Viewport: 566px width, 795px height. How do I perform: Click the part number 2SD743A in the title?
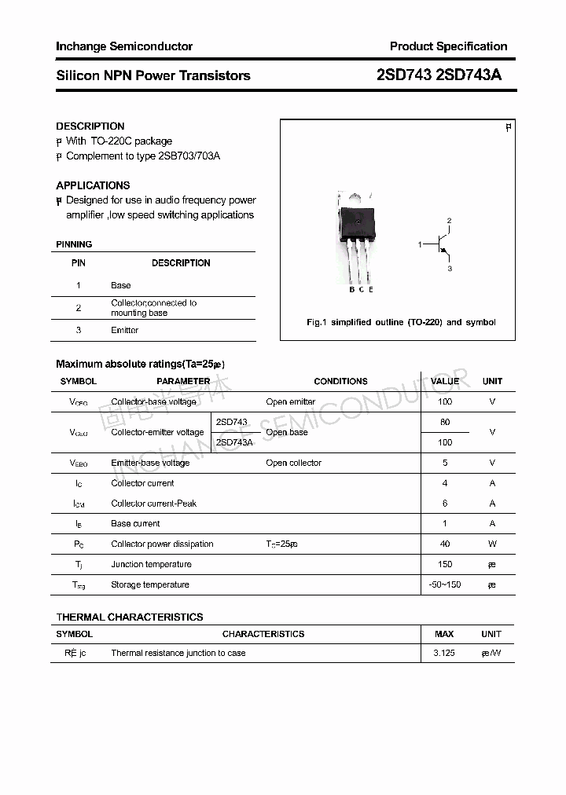click(468, 75)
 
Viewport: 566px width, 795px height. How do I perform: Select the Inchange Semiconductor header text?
click(124, 46)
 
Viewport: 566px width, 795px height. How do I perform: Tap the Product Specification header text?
click(448, 46)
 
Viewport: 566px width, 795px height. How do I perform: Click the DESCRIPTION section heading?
click(90, 126)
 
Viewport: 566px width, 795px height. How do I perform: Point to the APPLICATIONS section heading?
click(93, 185)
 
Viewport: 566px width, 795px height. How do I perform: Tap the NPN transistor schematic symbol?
click(442, 244)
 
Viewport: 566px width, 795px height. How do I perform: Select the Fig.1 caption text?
click(400, 322)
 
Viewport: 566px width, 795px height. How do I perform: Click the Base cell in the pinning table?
click(120, 285)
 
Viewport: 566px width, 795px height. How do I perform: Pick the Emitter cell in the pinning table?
click(124, 330)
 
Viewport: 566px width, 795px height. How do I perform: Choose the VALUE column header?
click(445, 381)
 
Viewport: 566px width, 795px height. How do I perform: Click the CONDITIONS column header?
click(340, 381)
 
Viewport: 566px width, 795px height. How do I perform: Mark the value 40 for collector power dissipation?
click(445, 544)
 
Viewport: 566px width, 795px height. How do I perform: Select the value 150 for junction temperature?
click(445, 564)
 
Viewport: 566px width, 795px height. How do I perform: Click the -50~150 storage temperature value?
click(445, 584)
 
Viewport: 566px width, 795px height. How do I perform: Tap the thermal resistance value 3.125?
click(444, 653)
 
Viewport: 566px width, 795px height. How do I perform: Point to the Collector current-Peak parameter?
click(153, 504)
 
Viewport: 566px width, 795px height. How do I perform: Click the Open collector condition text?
click(293, 463)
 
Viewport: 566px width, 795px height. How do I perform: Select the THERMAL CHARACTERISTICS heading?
click(129, 617)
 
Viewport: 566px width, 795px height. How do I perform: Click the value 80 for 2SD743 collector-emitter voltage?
click(445, 422)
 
